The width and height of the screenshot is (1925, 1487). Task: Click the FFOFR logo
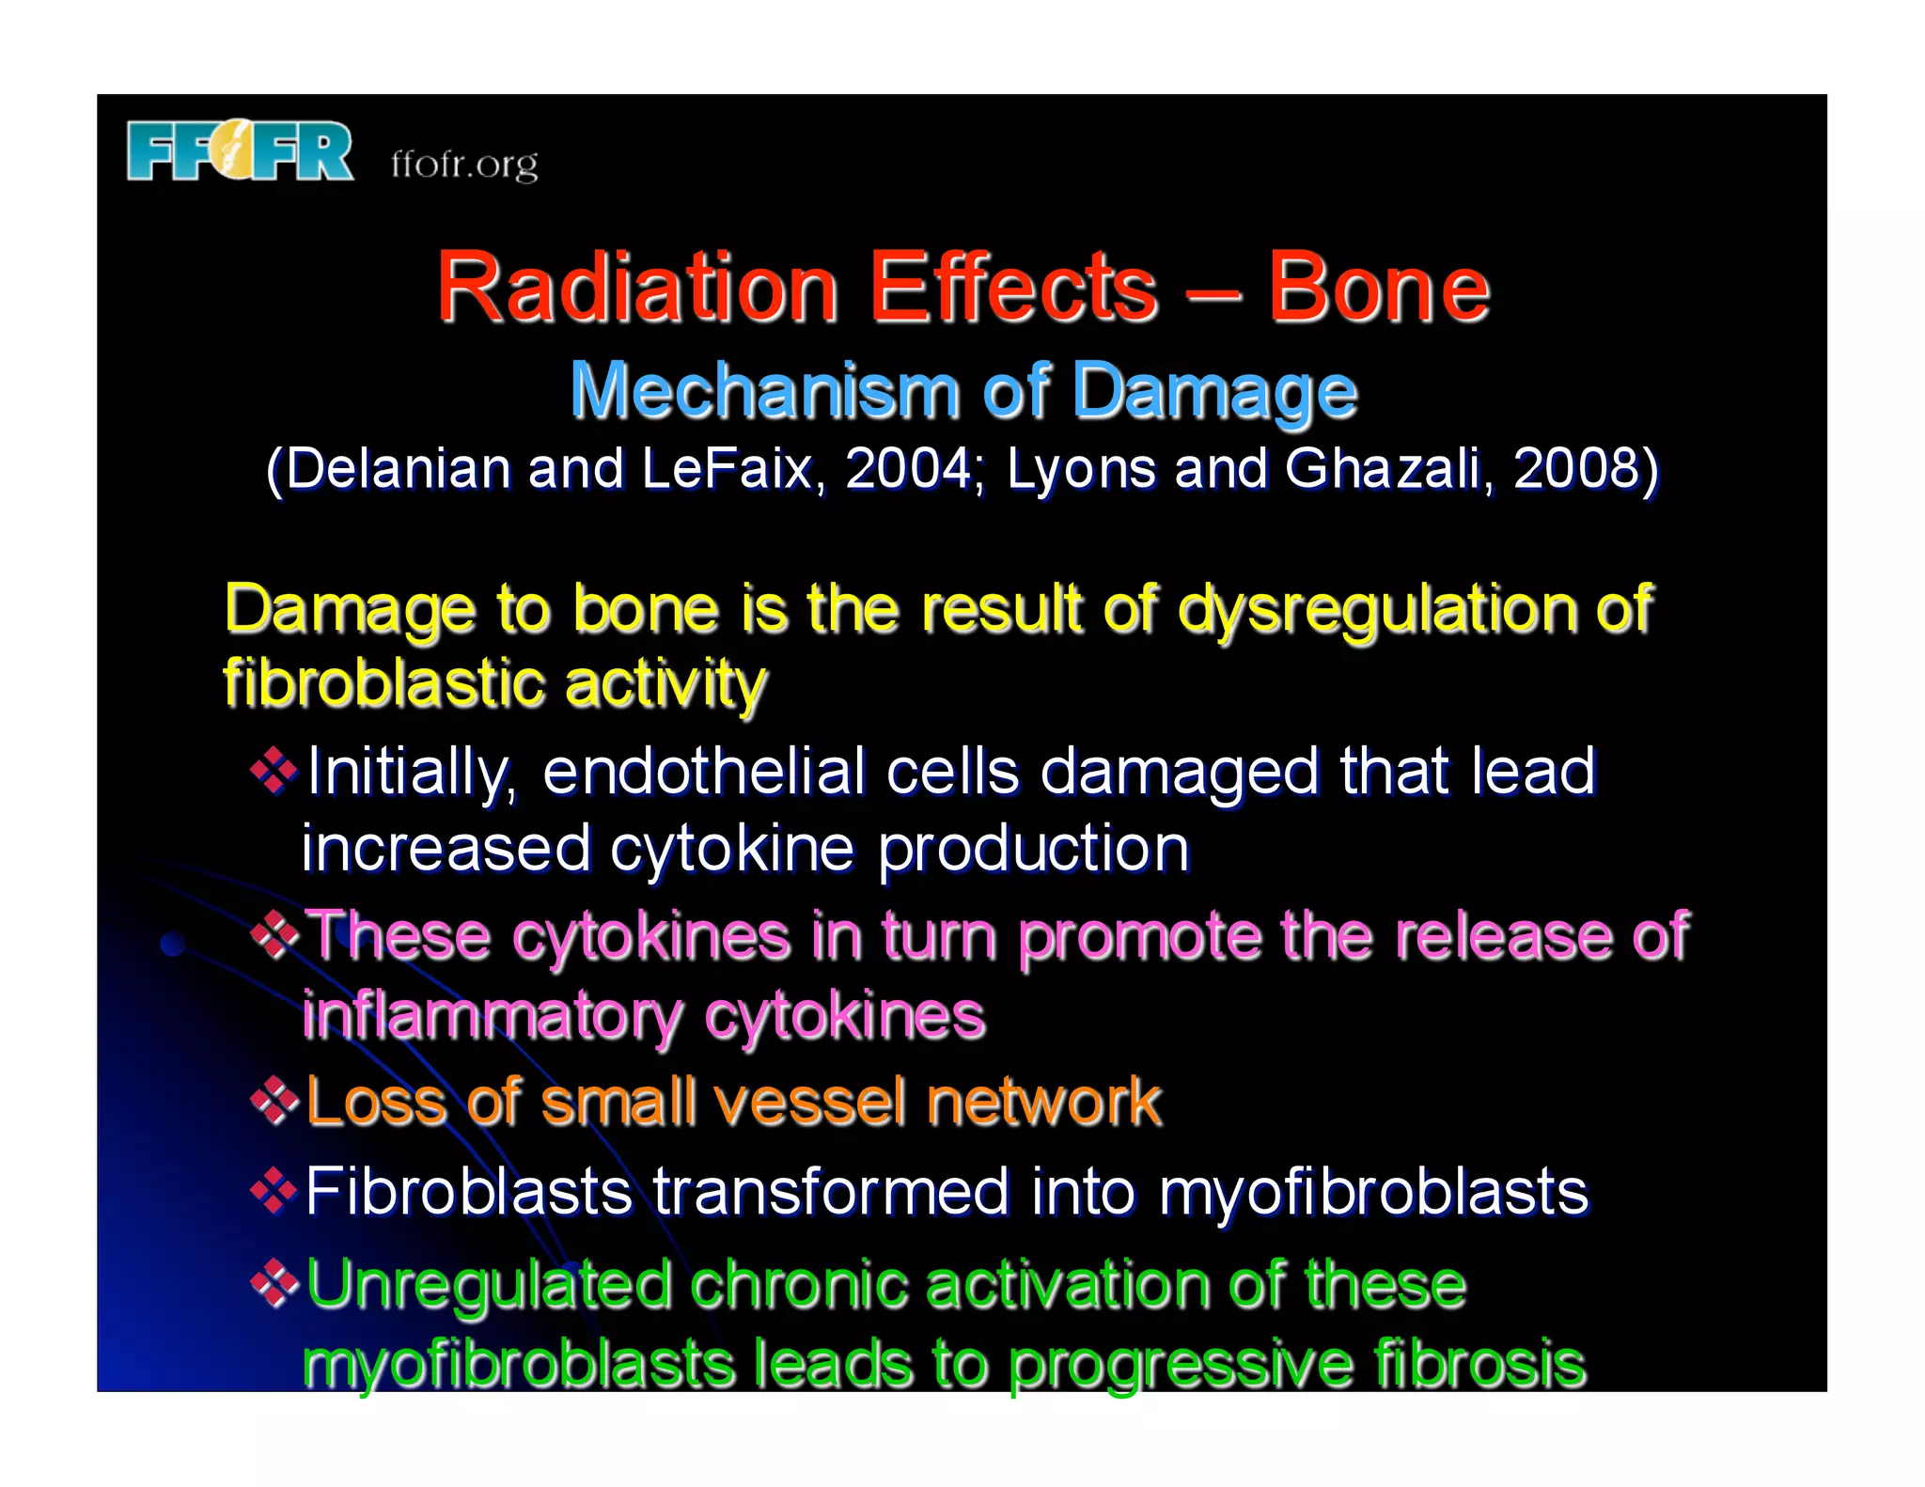[241, 150]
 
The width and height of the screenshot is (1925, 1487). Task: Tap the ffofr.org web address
[464, 164]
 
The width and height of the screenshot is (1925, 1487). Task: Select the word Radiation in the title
[637, 288]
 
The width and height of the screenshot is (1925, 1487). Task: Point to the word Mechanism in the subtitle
[763, 391]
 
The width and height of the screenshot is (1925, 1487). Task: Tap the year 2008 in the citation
[1579, 468]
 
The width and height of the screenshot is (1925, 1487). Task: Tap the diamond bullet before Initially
[274, 771]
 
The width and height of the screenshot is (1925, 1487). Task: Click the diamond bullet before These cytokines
[274, 935]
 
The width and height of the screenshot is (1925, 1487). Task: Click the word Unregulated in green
[489, 1286]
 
